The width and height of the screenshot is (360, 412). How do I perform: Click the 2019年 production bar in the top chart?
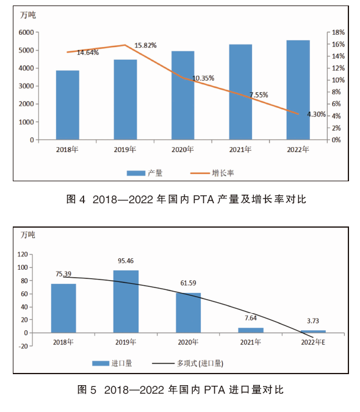[125, 99]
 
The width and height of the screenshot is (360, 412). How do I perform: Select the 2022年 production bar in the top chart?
[298, 90]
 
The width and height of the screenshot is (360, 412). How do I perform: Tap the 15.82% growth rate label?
[145, 45]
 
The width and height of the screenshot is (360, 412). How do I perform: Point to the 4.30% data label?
[317, 114]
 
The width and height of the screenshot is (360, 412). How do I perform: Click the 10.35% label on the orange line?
[203, 78]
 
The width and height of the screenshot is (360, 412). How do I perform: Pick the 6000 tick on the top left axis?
[26, 32]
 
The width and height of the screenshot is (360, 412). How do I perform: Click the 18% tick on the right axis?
[338, 32]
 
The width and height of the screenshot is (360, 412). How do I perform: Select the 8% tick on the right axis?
[336, 92]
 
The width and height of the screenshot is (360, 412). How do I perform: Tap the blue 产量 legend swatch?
[135, 173]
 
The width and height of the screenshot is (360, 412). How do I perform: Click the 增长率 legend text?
[223, 173]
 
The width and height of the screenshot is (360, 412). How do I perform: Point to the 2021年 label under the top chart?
[240, 150]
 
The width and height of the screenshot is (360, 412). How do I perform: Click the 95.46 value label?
[126, 261]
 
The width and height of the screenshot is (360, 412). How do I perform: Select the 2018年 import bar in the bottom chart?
[63, 308]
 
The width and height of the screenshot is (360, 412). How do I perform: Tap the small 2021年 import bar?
[251, 330]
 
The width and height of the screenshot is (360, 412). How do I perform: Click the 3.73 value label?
[313, 321]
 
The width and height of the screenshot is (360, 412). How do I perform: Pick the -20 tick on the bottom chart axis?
[23, 346]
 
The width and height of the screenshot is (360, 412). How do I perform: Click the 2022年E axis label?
[313, 342]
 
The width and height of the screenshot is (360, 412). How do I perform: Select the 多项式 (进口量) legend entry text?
[200, 363]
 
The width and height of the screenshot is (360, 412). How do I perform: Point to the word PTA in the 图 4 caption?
[204, 200]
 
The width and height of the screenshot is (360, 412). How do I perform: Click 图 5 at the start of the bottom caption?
[87, 389]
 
